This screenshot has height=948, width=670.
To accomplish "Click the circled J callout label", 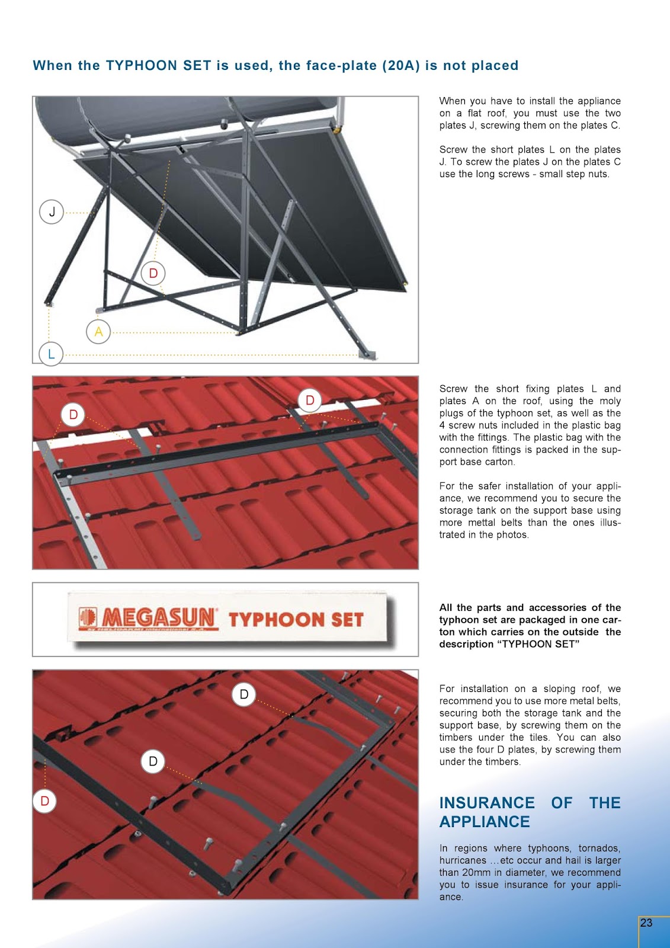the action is [x=52, y=212].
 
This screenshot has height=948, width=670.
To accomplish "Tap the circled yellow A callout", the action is [x=98, y=331].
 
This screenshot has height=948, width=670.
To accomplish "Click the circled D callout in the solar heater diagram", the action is [x=153, y=273].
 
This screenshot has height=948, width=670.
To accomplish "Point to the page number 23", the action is [x=646, y=923].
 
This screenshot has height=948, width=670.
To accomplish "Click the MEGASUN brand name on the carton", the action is [x=158, y=619].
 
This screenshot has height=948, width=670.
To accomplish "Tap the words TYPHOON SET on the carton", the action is [x=296, y=620].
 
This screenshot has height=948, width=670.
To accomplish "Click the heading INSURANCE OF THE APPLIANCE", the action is [x=530, y=812].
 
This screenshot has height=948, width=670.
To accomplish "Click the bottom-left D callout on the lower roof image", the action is [x=44, y=800].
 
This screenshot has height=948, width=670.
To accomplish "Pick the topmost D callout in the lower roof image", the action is [x=244, y=694].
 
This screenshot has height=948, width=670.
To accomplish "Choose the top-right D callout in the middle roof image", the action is [x=310, y=401].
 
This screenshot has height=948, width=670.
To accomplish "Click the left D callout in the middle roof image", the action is [x=73, y=415].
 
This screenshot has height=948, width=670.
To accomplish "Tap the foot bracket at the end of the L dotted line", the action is [x=367, y=355].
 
